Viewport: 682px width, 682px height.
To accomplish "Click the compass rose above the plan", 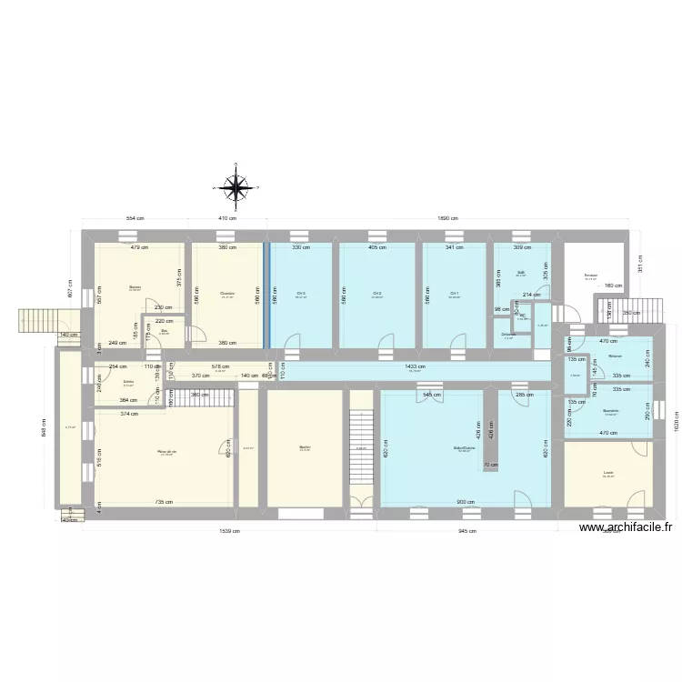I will coord(236,186).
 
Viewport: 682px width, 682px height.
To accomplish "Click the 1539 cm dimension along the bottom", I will coord(229,531).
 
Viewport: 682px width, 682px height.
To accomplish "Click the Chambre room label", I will coord(227,294).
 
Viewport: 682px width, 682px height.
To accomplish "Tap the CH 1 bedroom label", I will coord(454,294).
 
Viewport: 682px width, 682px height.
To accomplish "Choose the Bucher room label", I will coord(305,446).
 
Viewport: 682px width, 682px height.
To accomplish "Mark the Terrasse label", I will coord(591,276).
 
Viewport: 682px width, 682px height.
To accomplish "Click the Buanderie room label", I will coord(610,410).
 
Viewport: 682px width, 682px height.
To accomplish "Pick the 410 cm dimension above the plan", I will coord(227,218).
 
